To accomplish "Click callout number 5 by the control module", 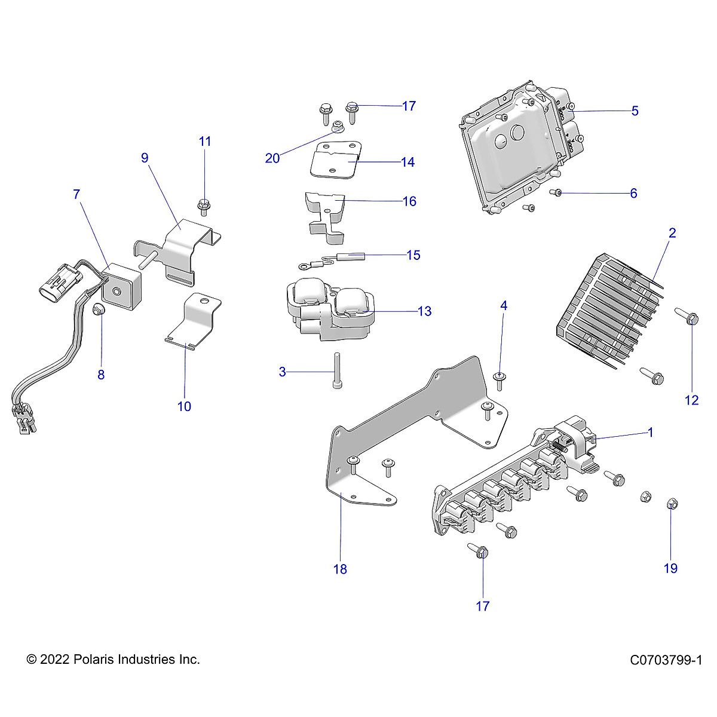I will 635,111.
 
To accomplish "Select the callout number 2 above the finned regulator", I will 672,233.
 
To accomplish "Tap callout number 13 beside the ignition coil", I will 424,311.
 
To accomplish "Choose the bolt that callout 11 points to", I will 204,207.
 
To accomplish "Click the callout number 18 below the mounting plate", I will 340,569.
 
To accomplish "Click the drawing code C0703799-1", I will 665,660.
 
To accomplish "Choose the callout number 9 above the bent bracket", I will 145,158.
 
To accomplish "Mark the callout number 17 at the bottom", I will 482,606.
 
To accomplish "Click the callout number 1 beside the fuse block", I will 651,432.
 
